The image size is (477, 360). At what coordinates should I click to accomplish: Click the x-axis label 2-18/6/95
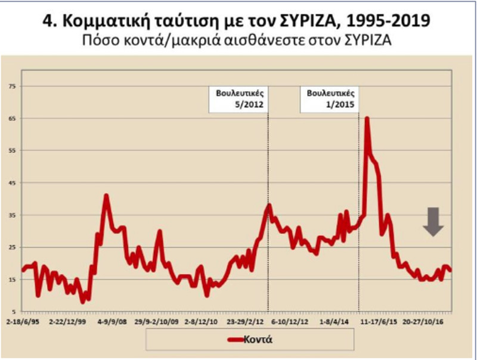[x=22, y=320]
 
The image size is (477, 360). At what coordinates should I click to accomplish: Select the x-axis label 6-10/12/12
[x=291, y=320]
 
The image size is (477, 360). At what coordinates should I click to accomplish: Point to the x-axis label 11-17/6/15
[x=382, y=320]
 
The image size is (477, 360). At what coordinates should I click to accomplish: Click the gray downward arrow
[x=434, y=221]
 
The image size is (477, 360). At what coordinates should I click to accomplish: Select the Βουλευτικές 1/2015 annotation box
[x=330, y=99]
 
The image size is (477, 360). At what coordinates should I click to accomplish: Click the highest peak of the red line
[x=367, y=118]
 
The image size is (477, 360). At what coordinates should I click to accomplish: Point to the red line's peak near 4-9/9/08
[x=106, y=195]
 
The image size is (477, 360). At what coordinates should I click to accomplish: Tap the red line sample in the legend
[x=237, y=339]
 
